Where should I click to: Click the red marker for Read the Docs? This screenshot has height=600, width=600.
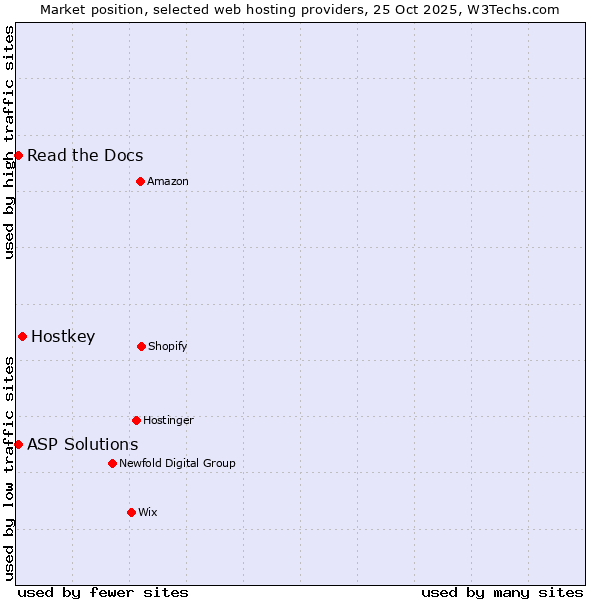click(x=18, y=155)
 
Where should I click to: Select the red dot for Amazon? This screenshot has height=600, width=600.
click(x=140, y=181)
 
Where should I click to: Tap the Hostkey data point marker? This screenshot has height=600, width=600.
click(x=22, y=336)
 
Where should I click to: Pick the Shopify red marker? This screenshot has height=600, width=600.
click(x=141, y=346)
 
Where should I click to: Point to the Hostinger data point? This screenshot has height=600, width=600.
click(x=136, y=420)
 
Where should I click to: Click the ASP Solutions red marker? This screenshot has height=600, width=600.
click(x=18, y=444)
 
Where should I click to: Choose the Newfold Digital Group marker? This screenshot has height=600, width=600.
click(x=112, y=463)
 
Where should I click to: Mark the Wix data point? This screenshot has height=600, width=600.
click(x=131, y=512)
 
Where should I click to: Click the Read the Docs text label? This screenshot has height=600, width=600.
click(x=85, y=155)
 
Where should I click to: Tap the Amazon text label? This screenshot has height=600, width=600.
click(x=168, y=181)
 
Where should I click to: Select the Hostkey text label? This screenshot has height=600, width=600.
click(x=63, y=336)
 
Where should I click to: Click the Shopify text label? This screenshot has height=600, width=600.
click(x=168, y=346)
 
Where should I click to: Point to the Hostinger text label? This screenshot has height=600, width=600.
click(x=168, y=420)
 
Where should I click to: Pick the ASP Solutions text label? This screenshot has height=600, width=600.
click(x=83, y=444)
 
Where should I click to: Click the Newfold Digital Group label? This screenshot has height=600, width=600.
click(x=177, y=463)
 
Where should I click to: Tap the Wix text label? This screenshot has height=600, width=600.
click(x=148, y=512)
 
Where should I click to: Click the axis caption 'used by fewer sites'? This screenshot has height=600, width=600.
click(x=103, y=592)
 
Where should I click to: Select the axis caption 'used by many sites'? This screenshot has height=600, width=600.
click(x=502, y=592)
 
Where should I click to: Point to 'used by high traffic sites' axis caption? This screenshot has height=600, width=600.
click(x=9, y=143)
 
